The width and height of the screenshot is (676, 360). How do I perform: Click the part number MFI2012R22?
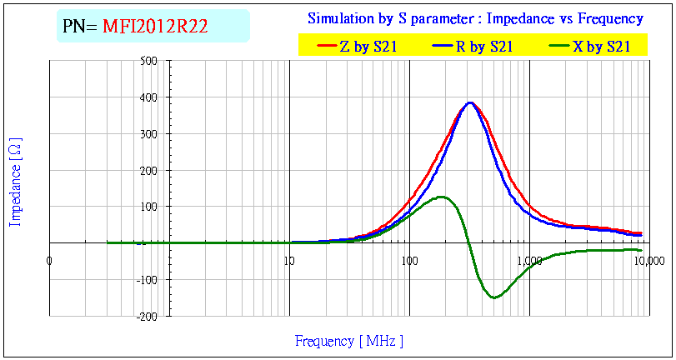tap(155, 27)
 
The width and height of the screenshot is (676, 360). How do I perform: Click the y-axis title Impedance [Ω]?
tap(15, 182)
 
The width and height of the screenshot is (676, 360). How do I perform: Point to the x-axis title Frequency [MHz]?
tap(348, 341)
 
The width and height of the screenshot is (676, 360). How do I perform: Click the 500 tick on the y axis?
tap(149, 61)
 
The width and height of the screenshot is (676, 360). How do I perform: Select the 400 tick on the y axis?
tap(149, 97)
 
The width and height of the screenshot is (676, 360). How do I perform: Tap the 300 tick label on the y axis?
tap(149, 134)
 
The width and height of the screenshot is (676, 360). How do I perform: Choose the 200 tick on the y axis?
tap(149, 171)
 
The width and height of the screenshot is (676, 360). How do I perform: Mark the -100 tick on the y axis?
tap(148, 280)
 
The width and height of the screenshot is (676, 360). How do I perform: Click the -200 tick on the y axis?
tap(148, 317)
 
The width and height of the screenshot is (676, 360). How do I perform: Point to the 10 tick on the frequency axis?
tap(289, 261)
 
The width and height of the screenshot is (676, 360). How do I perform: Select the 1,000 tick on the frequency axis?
tap(529, 261)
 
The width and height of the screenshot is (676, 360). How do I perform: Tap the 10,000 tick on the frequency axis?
tap(648, 261)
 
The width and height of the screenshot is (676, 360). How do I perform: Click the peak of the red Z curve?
tap(470, 102)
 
